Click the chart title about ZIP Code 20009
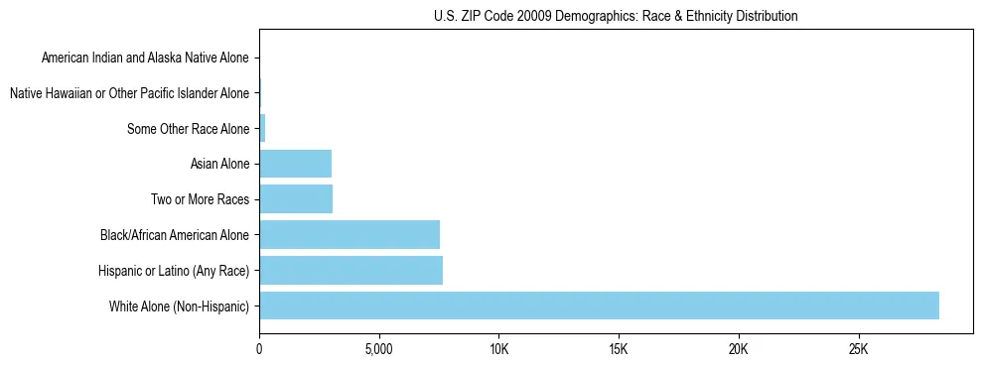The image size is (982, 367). coord(616,16)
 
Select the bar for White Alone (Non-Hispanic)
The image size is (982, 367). coord(599,306)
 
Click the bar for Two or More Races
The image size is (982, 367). coord(296,198)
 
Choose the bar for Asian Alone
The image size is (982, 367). coord(295,164)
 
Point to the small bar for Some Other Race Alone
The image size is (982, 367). coord(262,128)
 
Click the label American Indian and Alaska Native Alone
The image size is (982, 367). coord(145,58)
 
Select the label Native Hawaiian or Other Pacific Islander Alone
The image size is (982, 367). coord(129,93)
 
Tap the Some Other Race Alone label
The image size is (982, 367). coord(189,128)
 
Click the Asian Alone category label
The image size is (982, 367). coord(219,164)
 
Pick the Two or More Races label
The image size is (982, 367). coord(200,199)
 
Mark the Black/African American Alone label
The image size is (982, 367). coord(175,235)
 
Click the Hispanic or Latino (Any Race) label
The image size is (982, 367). coord(174,270)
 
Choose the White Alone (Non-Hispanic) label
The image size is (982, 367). coord(180,306)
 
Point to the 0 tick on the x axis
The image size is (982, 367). coord(259,350)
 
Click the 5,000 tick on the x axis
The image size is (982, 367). coord(379,350)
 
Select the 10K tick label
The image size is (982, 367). coord(498,350)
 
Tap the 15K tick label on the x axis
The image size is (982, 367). coord(619,350)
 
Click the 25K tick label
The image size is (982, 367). coord(858,350)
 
